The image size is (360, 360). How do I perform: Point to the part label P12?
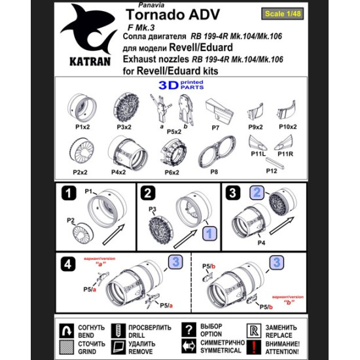(272, 170)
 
